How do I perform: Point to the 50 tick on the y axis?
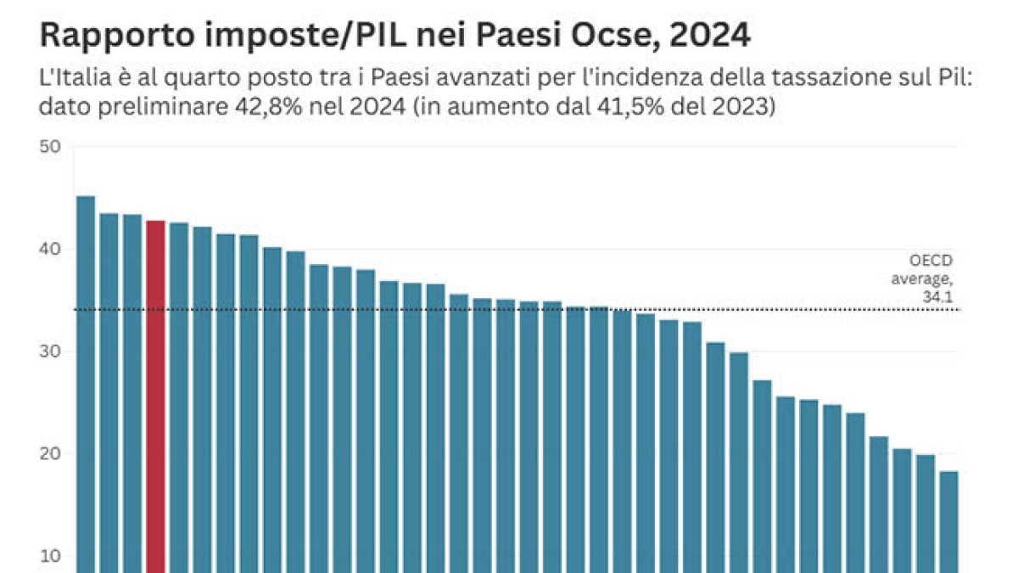click(x=51, y=147)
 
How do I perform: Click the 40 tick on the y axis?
click(x=51, y=250)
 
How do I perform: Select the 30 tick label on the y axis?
click(x=51, y=351)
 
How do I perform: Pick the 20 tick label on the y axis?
click(x=51, y=454)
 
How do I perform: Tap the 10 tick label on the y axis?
click(x=51, y=557)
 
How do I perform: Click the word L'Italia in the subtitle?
click(x=75, y=79)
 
